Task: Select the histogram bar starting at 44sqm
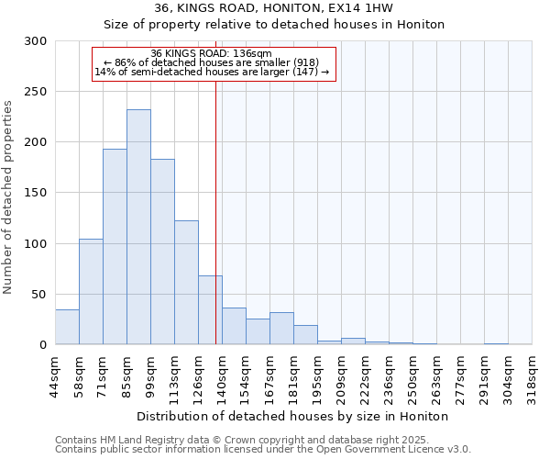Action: (x=67, y=328)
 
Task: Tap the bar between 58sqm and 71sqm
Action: (x=91, y=292)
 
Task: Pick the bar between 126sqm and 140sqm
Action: (x=210, y=310)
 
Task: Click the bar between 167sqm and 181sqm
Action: (x=281, y=329)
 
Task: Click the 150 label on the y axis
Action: (x=36, y=194)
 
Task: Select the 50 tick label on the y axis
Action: (x=39, y=295)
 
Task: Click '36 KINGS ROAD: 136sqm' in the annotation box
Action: (x=211, y=54)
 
